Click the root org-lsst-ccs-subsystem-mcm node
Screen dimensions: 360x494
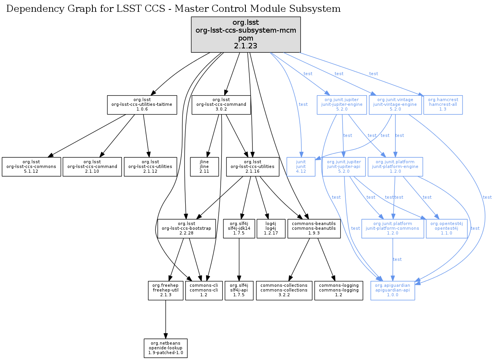246,35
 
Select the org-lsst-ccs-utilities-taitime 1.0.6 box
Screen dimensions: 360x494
142,105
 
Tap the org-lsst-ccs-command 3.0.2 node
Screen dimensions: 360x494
221,105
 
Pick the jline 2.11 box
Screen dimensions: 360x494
204,167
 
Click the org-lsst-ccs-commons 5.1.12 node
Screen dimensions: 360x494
31,167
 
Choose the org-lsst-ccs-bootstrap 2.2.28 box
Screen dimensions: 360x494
187,229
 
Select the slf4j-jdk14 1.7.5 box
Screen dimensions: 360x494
239,229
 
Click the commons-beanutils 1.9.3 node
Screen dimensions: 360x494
314,229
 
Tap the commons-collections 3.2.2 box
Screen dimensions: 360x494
284,290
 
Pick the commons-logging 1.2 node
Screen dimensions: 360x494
339,290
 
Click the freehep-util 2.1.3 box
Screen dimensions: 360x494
166,290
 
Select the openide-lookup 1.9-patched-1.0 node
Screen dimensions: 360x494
165,348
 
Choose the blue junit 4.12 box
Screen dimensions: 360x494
301,167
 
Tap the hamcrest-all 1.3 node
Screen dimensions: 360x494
443,105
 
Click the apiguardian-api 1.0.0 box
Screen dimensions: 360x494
393,290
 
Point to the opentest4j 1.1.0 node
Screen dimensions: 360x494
446,229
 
